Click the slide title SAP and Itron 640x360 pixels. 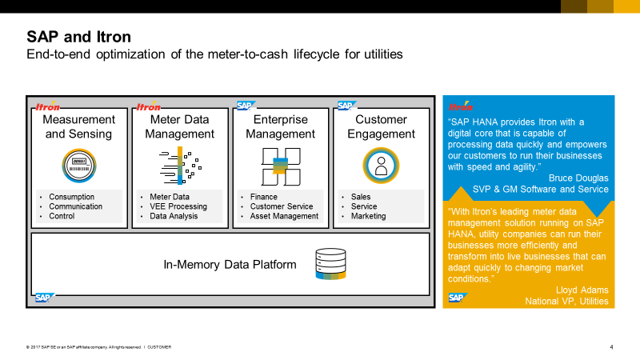tap(78, 37)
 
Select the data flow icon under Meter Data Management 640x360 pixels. tap(180, 166)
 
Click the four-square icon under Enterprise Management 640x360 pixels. tap(280, 166)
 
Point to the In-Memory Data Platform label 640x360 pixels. tap(230, 265)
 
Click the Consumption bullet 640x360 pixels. tap(71, 197)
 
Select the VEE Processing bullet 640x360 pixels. tap(178, 206)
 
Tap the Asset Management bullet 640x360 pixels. tap(284, 216)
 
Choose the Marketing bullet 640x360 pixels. tap(368, 216)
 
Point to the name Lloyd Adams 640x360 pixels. tap(582, 290)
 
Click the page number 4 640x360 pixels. tap(611, 346)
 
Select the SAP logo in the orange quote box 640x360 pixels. tap(457, 298)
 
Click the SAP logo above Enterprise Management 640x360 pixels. tap(246, 105)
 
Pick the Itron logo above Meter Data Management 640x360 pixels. tap(149, 106)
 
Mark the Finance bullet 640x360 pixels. tap(263, 197)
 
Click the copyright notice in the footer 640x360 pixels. tap(98, 346)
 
